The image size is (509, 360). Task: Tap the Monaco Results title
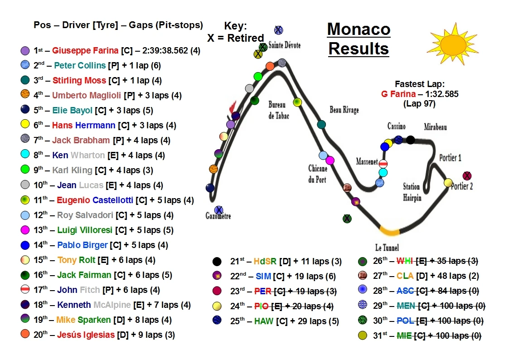[359, 39]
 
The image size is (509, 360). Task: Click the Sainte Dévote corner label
[284, 45]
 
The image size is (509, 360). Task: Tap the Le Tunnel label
[387, 248]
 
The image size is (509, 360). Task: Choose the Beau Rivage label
[344, 110]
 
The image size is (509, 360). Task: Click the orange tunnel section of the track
[389, 231]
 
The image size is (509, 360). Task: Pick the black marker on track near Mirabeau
[410, 140]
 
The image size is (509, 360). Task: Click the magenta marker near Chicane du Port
[330, 160]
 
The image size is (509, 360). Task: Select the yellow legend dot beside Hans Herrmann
[25, 125]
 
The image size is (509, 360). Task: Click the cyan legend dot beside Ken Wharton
[25, 155]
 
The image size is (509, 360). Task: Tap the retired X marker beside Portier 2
[466, 176]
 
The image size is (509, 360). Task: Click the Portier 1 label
[450, 158]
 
